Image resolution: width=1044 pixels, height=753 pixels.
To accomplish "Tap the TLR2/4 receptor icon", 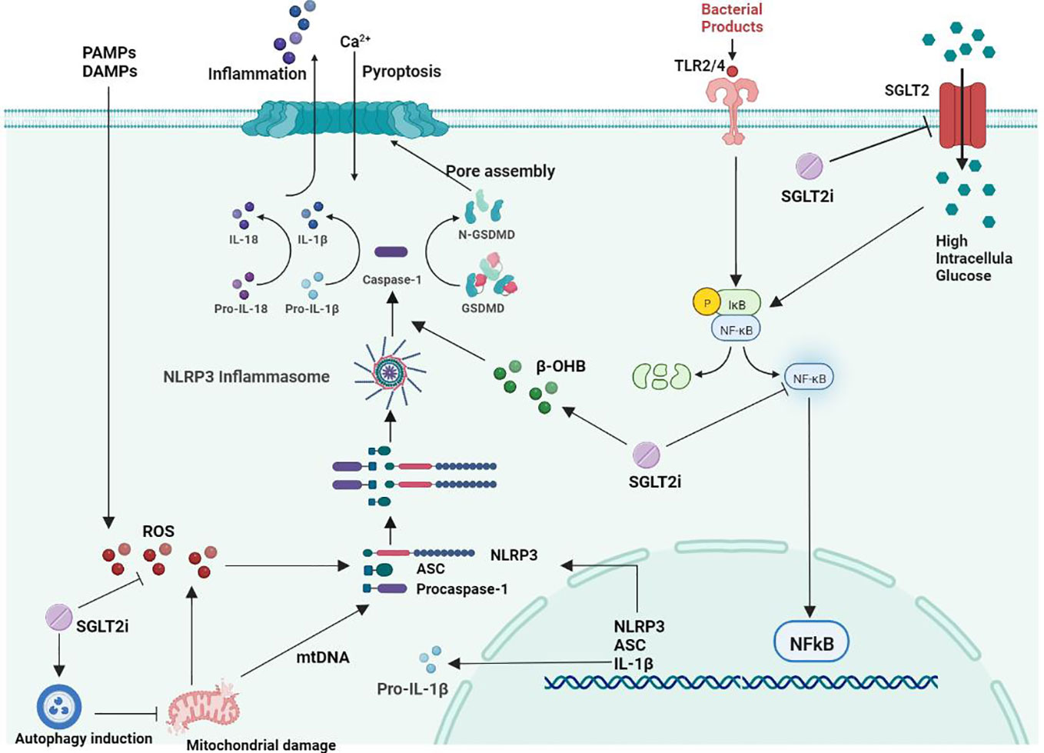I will (x=732, y=112).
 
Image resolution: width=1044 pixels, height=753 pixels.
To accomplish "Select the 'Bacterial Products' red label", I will (x=731, y=18).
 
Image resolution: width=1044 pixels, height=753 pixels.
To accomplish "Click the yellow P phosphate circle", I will (x=707, y=304).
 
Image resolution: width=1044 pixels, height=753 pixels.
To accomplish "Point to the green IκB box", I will (x=739, y=304).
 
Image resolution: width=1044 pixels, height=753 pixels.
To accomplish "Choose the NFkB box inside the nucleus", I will (x=811, y=643).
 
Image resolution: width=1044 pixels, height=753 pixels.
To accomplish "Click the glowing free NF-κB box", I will (x=809, y=378).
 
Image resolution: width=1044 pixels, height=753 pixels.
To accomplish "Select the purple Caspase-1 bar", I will (x=391, y=252).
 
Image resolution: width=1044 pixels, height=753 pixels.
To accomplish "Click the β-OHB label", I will (x=560, y=367).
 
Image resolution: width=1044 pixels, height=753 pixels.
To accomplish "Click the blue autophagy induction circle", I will (x=59, y=706).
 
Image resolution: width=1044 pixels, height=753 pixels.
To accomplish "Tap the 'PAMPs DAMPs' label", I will (x=109, y=62).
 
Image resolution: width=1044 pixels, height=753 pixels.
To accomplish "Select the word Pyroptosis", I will (x=401, y=72).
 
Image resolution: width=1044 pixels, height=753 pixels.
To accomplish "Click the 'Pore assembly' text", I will (x=500, y=171).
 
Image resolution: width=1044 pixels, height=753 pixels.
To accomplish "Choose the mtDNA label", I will (x=323, y=658).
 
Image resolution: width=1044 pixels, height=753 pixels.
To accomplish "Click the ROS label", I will (x=158, y=531).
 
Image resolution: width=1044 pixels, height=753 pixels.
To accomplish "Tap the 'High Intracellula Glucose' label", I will (x=973, y=258).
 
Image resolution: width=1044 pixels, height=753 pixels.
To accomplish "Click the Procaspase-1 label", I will (x=461, y=589).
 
